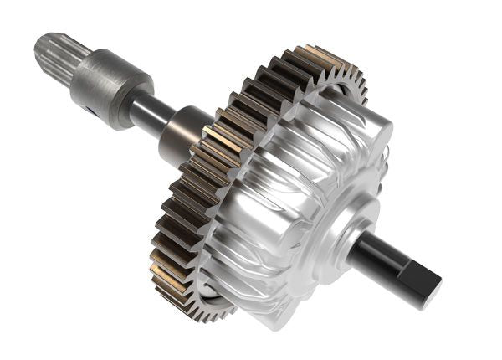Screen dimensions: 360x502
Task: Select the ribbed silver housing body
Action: pyautogui.click(x=276, y=201)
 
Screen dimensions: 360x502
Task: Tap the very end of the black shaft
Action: pyautogui.click(x=431, y=289)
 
